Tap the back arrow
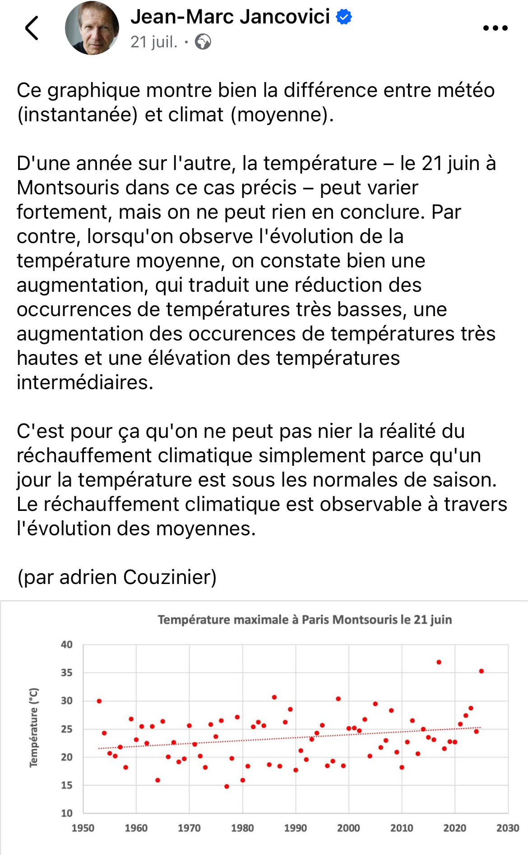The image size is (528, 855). [32, 28]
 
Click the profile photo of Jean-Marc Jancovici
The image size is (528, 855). [92, 28]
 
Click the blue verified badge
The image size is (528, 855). [344, 17]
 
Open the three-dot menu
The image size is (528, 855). [495, 28]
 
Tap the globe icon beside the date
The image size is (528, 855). [203, 42]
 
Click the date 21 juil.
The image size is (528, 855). [154, 42]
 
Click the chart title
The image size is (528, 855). [305, 620]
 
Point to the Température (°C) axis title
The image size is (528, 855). [34, 727]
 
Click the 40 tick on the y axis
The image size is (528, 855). [66, 644]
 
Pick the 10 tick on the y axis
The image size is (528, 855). [66, 813]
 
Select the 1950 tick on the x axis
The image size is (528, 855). [83, 828]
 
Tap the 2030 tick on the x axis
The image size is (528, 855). [508, 828]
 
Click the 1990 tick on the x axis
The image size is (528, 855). [296, 828]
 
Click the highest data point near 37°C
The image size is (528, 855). [439, 662]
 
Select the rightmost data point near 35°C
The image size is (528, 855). [482, 671]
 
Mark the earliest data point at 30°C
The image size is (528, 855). [99, 701]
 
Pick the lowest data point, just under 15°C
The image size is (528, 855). [227, 786]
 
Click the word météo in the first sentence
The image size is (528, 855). [466, 90]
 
